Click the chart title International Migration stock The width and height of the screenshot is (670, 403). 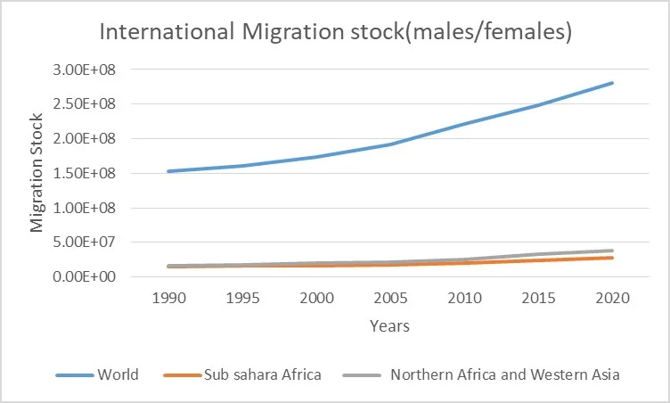(x=335, y=33)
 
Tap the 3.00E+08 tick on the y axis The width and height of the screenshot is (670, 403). (x=89, y=70)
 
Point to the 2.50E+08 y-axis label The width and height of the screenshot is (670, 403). (x=89, y=104)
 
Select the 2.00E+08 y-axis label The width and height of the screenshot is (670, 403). (x=89, y=139)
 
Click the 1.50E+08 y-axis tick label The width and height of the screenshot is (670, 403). (x=89, y=173)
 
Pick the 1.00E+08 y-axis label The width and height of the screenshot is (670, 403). (x=89, y=208)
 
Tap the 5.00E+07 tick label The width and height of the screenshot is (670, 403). (x=89, y=243)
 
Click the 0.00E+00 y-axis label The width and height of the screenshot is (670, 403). (x=89, y=277)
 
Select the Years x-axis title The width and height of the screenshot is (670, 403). (x=390, y=326)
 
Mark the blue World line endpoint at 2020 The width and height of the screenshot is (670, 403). (x=612, y=83)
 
